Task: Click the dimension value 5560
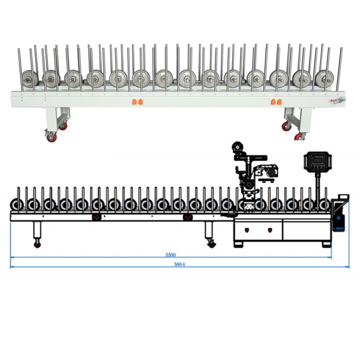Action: click(x=171, y=255)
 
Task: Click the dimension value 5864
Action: click(x=180, y=264)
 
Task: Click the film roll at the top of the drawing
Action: click(x=237, y=147)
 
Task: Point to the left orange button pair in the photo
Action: click(x=138, y=102)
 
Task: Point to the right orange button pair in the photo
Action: click(x=276, y=102)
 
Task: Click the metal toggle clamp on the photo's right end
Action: click(x=338, y=100)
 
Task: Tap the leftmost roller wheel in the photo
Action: click(x=30, y=79)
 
